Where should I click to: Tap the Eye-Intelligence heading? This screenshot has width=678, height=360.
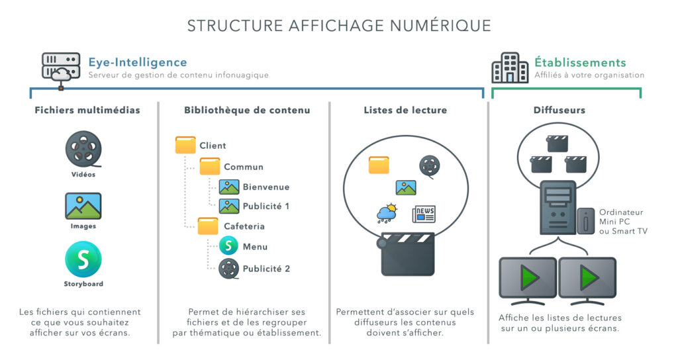(138, 62)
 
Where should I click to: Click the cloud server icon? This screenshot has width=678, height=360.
(61, 68)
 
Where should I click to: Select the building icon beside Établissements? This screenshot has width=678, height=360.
(509, 68)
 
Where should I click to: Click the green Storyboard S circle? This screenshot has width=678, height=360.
(83, 259)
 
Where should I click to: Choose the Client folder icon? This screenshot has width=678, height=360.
(185, 145)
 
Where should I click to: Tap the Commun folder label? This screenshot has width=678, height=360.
(243, 167)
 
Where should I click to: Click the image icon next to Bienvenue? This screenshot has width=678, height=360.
(229, 187)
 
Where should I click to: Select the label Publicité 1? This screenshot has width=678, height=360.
(266, 206)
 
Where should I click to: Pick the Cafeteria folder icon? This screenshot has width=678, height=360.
(209, 226)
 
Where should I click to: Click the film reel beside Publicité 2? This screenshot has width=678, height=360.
(229, 268)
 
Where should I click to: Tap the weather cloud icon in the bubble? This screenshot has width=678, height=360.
(387, 213)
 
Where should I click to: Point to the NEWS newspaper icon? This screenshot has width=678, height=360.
(424, 214)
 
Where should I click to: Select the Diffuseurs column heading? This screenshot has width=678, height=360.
(559, 111)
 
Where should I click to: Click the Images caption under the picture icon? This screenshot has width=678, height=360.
(83, 226)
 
